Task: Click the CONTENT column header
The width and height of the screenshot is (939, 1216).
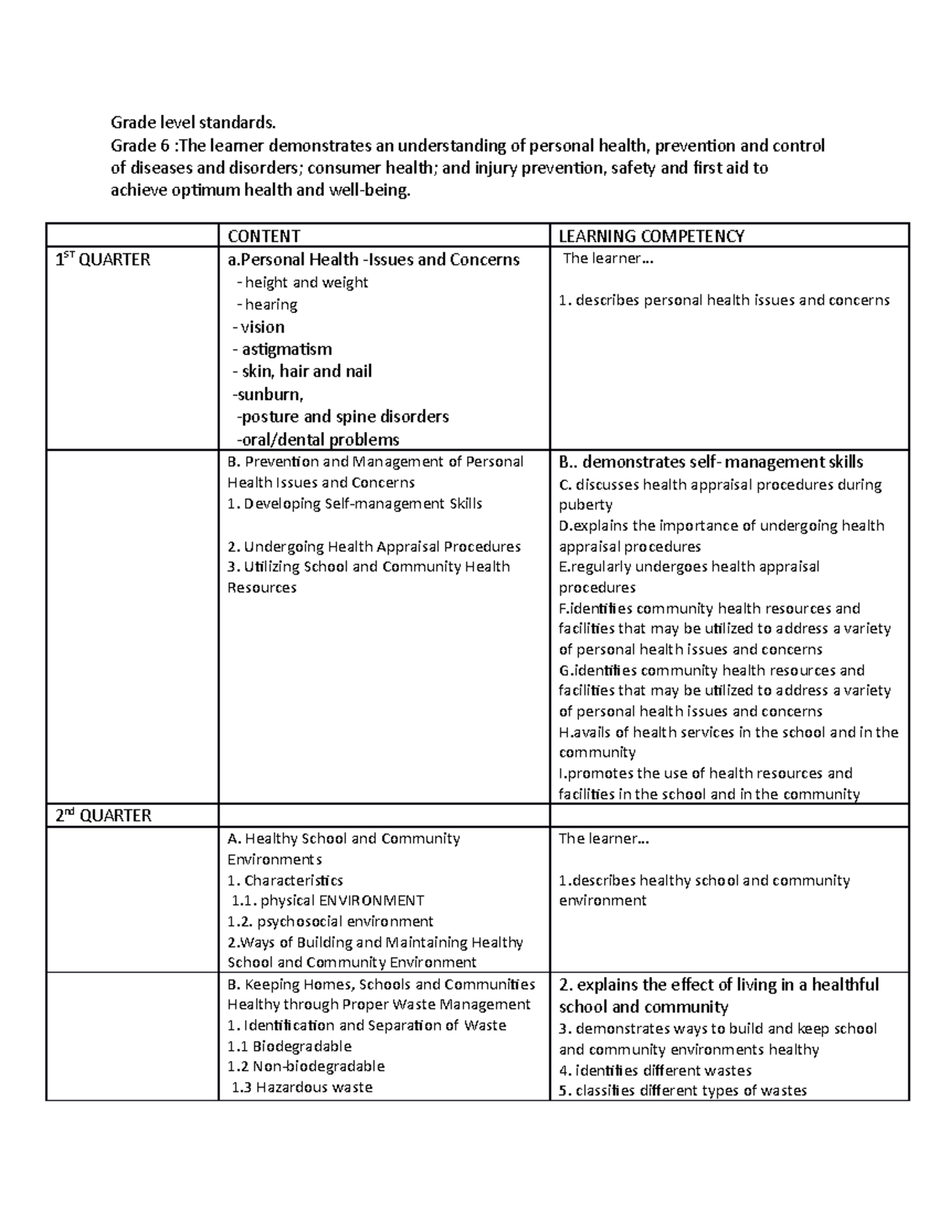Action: point(264,236)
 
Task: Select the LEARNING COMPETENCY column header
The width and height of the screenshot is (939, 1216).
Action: point(651,236)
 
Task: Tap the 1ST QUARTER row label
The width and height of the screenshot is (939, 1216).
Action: point(103,260)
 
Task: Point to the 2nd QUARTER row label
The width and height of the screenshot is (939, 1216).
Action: point(103,815)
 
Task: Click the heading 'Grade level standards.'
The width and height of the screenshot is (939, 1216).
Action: point(193,122)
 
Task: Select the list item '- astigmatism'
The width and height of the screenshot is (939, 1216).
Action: point(282,349)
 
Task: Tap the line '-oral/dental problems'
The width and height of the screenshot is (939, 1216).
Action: point(318,439)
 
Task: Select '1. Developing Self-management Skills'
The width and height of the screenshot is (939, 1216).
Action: point(354,503)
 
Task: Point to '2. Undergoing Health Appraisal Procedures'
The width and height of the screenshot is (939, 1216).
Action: point(374,547)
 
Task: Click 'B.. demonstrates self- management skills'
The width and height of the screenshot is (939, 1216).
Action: point(711,462)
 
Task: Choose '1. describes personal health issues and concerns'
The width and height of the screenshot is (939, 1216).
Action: point(725,300)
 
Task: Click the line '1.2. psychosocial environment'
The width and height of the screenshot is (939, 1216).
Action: point(330,922)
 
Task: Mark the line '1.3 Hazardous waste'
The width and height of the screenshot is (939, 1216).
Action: point(302,1087)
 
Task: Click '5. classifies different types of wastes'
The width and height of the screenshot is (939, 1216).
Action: point(683,1091)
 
